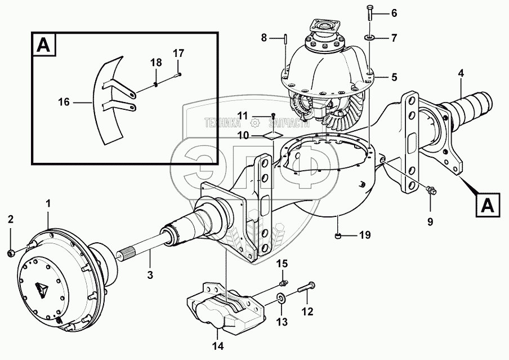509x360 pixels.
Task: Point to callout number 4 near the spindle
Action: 461,73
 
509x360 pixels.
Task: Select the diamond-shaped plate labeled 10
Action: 273,135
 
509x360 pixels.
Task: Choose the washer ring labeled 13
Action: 280,298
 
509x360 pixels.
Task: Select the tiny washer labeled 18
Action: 155,85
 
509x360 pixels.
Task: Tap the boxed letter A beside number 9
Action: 488,205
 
